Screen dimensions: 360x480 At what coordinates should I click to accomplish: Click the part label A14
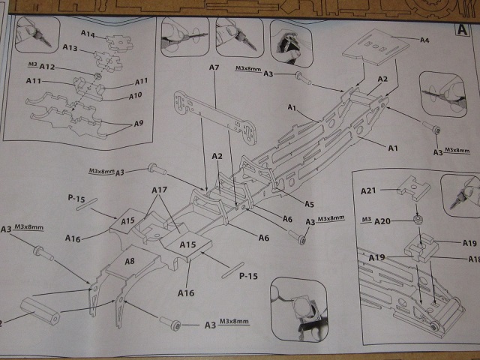[88, 34]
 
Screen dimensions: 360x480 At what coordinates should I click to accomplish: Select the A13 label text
[70, 48]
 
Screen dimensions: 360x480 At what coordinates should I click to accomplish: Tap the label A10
[136, 96]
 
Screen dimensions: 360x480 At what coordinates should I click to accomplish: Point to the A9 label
[139, 123]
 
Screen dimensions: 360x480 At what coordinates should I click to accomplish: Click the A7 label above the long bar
[214, 68]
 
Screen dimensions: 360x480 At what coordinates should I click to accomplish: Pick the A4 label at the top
[424, 40]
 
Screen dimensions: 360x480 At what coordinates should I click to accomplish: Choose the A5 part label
[309, 204]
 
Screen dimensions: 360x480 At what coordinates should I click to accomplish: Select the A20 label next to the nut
[384, 221]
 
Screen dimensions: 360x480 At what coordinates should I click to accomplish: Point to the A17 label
[159, 190]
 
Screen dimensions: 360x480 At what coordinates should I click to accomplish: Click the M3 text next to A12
[31, 64]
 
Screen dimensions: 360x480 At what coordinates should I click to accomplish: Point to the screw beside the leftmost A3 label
[43, 253]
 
